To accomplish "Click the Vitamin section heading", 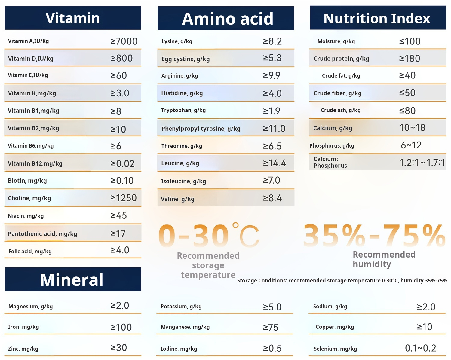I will [73, 18].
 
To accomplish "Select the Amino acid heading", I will [227, 19].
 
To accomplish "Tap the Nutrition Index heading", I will [377, 18].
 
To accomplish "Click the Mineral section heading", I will [72, 280].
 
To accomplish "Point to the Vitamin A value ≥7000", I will [124, 41].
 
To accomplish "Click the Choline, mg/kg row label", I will [29, 198].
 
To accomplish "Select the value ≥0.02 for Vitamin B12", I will [122, 163].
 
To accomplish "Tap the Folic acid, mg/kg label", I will [30, 251].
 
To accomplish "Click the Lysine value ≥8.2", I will [272, 41].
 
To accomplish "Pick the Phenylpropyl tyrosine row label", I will [201, 129].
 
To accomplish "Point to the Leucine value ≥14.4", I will [274, 163].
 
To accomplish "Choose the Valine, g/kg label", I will [178, 199].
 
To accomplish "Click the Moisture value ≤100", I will [410, 41].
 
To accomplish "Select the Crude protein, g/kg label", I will [341, 59].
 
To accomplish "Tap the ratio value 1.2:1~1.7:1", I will [422, 163].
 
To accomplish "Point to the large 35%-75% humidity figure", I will [374, 235].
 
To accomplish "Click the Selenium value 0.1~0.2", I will [420, 348].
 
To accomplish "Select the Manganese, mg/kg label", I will [185, 327].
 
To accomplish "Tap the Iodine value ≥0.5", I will [272, 348].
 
